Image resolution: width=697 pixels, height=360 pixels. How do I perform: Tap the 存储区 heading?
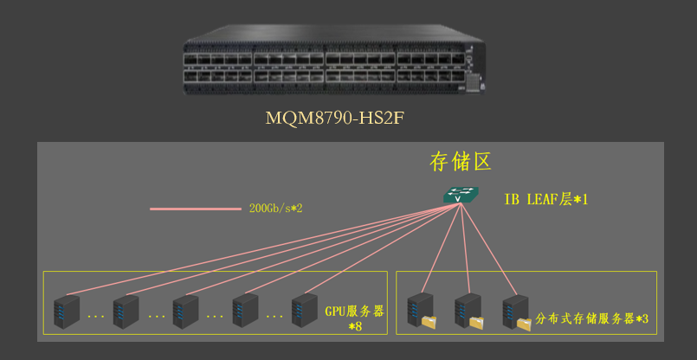pos(461,162)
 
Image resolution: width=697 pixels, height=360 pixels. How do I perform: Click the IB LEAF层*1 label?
pos(545,199)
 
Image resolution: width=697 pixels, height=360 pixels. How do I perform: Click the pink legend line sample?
pos(195,209)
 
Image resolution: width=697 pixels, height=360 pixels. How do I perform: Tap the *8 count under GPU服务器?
pos(355,326)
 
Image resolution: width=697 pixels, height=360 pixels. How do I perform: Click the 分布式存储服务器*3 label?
pos(592,318)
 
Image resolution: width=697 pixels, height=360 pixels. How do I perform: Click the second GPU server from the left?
pos(126,312)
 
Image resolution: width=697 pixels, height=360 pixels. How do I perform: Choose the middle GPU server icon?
pos(186,312)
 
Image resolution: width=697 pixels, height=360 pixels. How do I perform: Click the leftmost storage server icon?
pos(422,310)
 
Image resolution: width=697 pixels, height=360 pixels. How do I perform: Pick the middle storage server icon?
pos(468,310)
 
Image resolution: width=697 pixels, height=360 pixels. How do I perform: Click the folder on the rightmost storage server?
pos(525,324)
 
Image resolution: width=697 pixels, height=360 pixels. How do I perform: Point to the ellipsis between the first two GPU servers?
pos(96,318)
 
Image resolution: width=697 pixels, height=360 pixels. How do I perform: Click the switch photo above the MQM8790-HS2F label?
pos(332,62)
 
